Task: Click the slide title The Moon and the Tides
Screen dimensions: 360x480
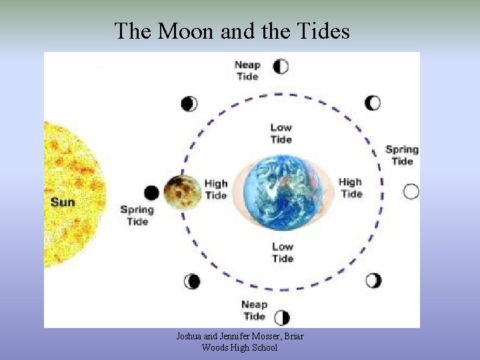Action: point(231,31)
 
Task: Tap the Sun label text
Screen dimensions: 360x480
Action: point(63,202)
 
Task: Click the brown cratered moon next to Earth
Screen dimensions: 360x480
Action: point(182,192)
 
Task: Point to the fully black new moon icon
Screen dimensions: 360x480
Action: point(152,193)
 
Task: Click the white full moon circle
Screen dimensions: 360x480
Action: point(411,192)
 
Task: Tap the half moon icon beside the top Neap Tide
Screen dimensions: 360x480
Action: point(281,67)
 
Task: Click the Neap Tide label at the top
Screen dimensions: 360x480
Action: point(247,70)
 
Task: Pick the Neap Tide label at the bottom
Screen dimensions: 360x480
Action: point(253,311)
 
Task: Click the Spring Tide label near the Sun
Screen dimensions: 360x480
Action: point(137,215)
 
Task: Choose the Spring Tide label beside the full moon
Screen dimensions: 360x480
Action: point(402,155)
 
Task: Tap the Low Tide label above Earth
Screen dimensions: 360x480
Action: point(281,133)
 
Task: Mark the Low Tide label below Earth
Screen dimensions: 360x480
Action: point(283,253)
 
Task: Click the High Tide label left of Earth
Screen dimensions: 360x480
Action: point(215,189)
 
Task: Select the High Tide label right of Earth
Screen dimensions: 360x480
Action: point(351,187)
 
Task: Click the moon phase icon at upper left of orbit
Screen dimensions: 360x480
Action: point(189,103)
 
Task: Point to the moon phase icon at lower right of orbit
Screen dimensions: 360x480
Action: point(373,281)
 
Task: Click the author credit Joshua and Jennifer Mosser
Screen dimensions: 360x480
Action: point(239,342)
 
